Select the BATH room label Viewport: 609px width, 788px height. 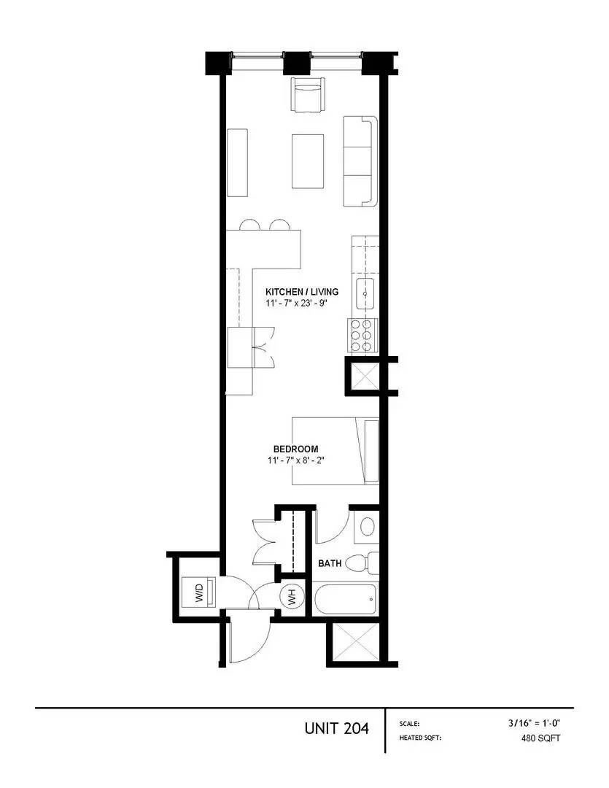[330, 563]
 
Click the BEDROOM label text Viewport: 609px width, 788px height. [295, 449]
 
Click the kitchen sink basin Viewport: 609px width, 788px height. [365, 294]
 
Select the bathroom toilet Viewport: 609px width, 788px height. [360, 564]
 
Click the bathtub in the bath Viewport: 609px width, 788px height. [345, 600]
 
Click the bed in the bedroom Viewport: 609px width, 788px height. [335, 450]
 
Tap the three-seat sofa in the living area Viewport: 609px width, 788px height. [359, 161]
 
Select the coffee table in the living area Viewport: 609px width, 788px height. [309, 161]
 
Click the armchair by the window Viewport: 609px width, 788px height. [307, 94]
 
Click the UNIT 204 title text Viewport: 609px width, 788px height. [336, 728]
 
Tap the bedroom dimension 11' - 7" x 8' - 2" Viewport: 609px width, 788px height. [295, 460]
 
